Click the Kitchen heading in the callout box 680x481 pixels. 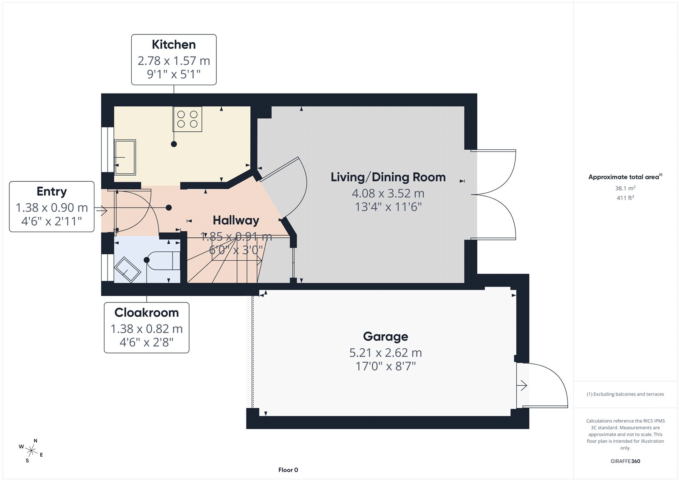174,45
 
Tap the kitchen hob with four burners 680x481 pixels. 187,119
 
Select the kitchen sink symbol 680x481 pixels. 125,157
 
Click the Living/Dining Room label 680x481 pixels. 388,177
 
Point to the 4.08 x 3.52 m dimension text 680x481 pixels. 388,193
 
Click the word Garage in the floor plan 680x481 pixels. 385,336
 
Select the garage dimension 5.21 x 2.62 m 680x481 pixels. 385,353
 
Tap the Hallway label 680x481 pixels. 236,220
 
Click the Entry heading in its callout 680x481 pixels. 51,191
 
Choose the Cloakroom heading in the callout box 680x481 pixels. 147,312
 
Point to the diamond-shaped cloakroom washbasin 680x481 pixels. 127,270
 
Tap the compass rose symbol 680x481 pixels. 31,450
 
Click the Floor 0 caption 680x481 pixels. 288,470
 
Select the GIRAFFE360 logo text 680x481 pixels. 625,461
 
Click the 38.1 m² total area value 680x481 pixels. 625,188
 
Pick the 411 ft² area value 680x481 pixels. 625,198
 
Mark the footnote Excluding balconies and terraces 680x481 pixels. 625,394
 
